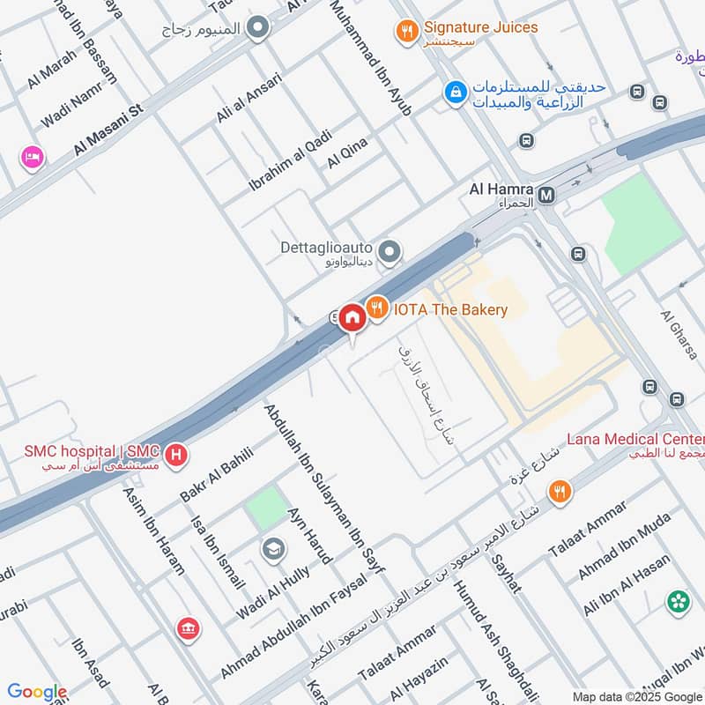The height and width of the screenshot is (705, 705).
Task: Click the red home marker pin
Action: point(352,318)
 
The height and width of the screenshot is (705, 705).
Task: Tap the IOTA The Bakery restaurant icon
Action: point(378,308)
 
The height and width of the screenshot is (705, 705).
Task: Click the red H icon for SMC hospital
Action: point(177,455)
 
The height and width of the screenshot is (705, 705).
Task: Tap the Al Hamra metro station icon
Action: point(546,194)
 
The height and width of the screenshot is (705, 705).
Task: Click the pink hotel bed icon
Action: point(33,157)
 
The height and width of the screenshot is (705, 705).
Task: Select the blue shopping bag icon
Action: point(455,91)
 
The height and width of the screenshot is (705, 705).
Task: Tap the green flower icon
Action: point(679,601)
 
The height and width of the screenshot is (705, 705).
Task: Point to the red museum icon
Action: point(187,628)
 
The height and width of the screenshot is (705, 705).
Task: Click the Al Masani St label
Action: point(108,129)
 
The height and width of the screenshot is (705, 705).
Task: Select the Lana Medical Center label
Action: point(634,439)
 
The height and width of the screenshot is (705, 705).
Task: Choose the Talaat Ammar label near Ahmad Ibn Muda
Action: point(587,528)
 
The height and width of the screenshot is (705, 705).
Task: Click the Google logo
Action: point(37,692)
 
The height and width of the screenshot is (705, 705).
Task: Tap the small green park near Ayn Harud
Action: point(266,508)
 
